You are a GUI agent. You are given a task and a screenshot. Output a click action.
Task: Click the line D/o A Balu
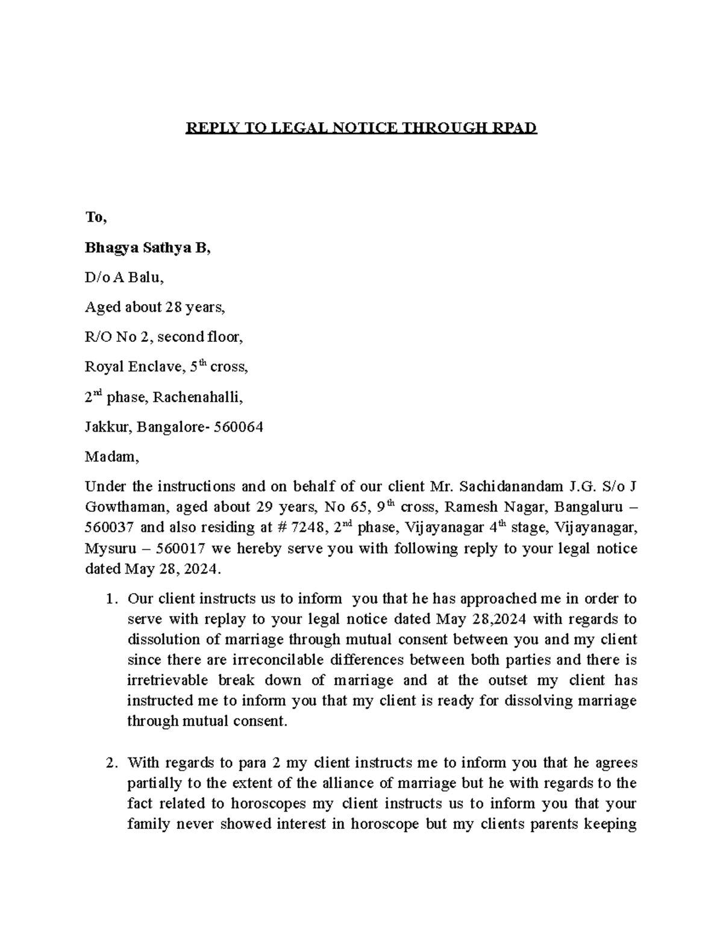coord(124,278)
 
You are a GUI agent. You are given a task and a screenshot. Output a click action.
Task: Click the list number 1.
coord(110,599)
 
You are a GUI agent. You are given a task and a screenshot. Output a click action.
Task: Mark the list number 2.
coord(110,763)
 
